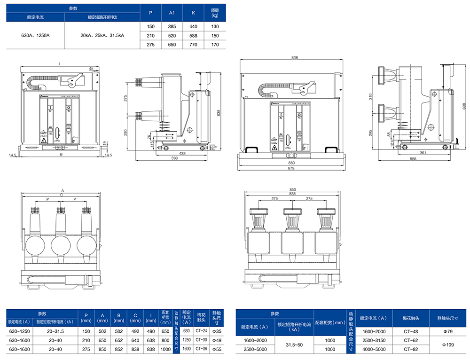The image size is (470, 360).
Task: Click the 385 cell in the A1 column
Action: [172, 26]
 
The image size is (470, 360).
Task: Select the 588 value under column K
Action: [193, 35]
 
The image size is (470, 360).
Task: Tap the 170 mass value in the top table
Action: [215, 45]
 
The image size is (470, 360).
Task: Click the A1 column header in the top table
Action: [172, 12]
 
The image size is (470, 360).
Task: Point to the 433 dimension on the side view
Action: [182, 153]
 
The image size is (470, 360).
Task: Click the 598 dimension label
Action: [174, 158]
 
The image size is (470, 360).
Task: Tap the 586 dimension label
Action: [413, 159]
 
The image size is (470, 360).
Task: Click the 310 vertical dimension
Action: [370, 96]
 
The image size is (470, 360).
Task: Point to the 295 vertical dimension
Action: [370, 133]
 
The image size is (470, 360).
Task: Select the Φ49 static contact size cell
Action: [217, 340]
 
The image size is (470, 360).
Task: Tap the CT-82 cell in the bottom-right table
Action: [410, 349]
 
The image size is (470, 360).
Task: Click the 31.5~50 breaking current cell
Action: [294, 344]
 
